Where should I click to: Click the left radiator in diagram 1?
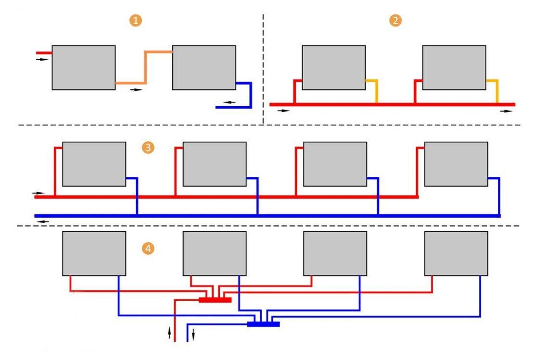84,67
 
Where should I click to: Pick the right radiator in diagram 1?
204,67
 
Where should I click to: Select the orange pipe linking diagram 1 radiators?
145,67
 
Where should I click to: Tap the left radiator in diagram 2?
333,67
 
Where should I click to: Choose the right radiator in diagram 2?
454,67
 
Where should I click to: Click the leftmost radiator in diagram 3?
94,164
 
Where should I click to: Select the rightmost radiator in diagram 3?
456,164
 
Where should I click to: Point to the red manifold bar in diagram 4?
215,300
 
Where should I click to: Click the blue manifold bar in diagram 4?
263,324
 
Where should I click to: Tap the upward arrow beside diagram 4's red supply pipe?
169,333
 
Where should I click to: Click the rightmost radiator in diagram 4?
456,253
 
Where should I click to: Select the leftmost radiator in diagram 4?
94,253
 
